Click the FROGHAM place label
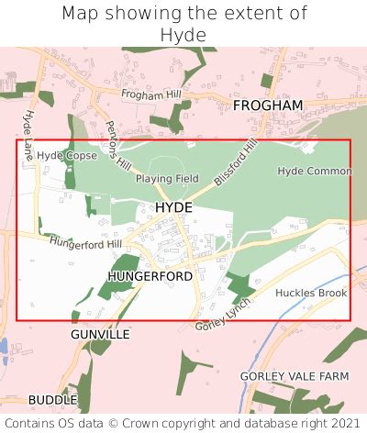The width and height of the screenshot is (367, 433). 267,105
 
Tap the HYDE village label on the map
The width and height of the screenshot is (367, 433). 173,208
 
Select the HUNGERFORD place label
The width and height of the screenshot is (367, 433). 150,275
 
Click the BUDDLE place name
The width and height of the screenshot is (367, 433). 52,400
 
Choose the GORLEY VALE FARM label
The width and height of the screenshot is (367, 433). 295,376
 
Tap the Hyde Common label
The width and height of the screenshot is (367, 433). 314,172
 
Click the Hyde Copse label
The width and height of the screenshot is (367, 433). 67,156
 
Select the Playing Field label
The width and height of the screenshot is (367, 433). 167,178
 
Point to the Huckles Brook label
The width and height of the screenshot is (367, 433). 311,293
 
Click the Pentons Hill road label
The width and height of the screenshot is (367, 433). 118,144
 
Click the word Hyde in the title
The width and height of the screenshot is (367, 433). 183,35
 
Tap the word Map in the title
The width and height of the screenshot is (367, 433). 80,13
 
